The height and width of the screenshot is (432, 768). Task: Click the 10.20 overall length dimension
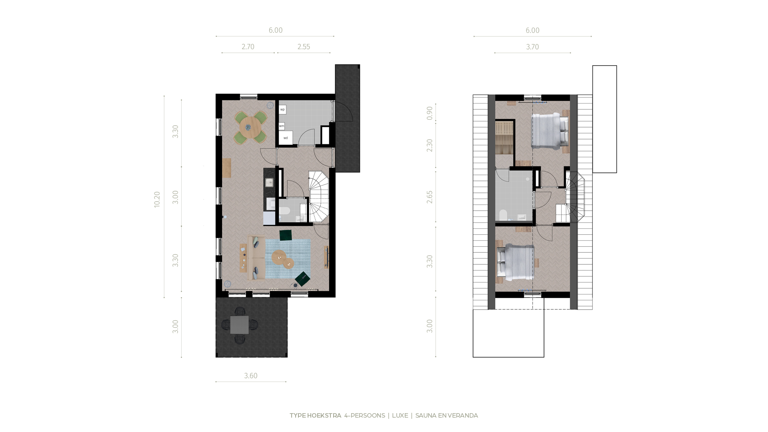pyautogui.click(x=157, y=199)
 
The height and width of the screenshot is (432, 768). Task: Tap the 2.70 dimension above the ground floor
pyautogui.click(x=248, y=47)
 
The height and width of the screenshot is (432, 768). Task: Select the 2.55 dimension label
pyautogui.click(x=304, y=47)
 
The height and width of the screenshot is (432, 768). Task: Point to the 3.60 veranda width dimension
pyautogui.click(x=251, y=376)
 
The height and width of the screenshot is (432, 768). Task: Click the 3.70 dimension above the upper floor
pyautogui.click(x=532, y=47)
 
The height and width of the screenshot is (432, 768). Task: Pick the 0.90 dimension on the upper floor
pyautogui.click(x=430, y=113)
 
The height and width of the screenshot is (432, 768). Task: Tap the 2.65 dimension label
pyautogui.click(x=430, y=197)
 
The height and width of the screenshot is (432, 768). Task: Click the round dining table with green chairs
pyautogui.click(x=250, y=128)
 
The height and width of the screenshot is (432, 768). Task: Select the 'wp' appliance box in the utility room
pyautogui.click(x=282, y=109)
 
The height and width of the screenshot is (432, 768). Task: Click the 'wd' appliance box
pyautogui.click(x=286, y=138)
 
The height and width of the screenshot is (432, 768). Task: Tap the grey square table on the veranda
pyautogui.click(x=239, y=325)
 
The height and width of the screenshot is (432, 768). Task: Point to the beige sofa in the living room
pyautogui.click(x=256, y=258)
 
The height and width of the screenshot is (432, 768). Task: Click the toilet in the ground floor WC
pyautogui.click(x=284, y=212)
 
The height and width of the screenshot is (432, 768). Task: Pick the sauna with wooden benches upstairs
pyautogui.click(x=504, y=137)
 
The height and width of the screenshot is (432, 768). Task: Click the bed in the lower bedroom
pyautogui.click(x=515, y=263)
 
